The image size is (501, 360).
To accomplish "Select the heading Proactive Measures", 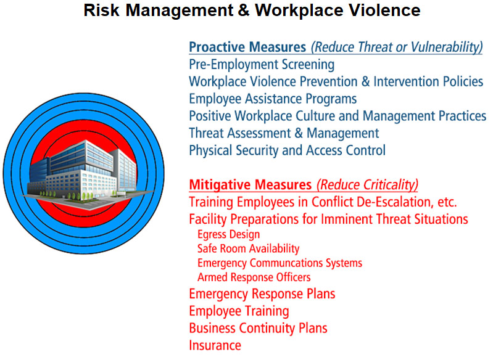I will coord(247,47).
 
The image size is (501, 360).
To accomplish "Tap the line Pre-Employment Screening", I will coord(262,64).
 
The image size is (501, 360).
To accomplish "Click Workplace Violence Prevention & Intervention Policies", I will coord(336,81).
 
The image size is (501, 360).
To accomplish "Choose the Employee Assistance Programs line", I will coord(273,99).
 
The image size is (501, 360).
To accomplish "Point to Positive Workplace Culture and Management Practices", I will coord(337,116).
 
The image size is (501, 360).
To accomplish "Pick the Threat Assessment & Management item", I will coord(284,133).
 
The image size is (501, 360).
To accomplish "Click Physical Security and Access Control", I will coord(287,150).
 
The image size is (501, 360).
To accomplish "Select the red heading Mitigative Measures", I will coord(250,184).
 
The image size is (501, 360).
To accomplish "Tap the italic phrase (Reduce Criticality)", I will coord(367,184).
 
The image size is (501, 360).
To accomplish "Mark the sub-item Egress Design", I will coord(228,234).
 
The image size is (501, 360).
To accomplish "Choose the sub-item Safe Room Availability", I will coord(248,248).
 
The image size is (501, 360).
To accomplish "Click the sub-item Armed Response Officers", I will coord(254,277).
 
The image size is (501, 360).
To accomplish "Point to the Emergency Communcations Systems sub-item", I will coord(279,263).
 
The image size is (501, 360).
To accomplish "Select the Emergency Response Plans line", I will coord(262,294).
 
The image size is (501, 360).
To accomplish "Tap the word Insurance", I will coord(215,345).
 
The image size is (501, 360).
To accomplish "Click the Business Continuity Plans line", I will coord(258,328).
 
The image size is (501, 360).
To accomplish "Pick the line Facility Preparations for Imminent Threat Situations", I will coord(328,219).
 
